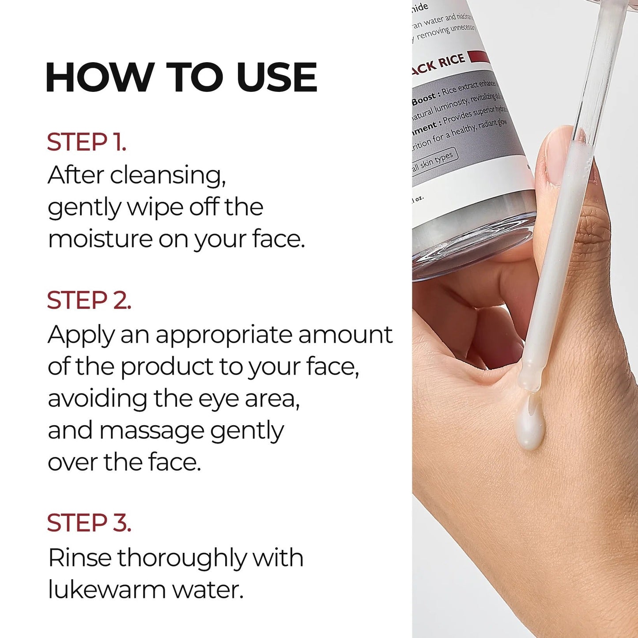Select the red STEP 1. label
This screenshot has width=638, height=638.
click(x=87, y=142)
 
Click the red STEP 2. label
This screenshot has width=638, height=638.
click(x=89, y=300)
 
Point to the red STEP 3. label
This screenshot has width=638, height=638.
click(x=89, y=523)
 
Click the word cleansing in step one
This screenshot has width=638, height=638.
click(x=168, y=175)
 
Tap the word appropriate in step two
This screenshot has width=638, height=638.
click(x=224, y=335)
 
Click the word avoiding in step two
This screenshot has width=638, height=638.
click(x=97, y=399)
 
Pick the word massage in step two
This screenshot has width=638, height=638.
click(x=151, y=431)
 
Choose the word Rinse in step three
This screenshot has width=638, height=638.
click(x=79, y=558)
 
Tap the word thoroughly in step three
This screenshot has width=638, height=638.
click(x=181, y=559)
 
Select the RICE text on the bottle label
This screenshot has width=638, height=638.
click(x=451, y=60)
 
